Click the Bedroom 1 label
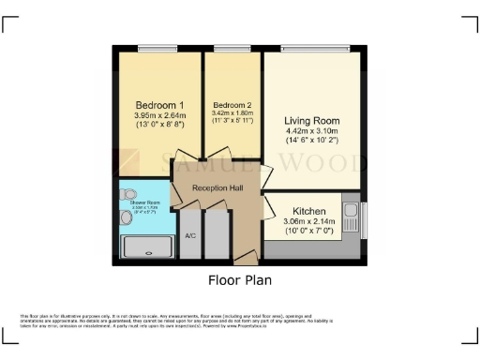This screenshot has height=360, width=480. click(x=158, y=104)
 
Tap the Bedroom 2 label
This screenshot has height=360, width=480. click(x=232, y=104)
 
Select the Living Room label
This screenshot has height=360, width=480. click(x=312, y=121)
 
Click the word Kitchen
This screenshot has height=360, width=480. click(x=308, y=212)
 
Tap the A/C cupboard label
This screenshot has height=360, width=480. click(x=189, y=235)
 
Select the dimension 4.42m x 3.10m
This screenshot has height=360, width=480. click(x=312, y=132)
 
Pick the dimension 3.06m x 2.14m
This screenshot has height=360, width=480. click(x=308, y=222)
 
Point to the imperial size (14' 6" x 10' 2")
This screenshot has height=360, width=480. click(x=312, y=142)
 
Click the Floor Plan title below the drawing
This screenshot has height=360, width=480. click(x=240, y=279)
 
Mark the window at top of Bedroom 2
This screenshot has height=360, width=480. click(x=232, y=48)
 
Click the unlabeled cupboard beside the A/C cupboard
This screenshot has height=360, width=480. click(x=216, y=234)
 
